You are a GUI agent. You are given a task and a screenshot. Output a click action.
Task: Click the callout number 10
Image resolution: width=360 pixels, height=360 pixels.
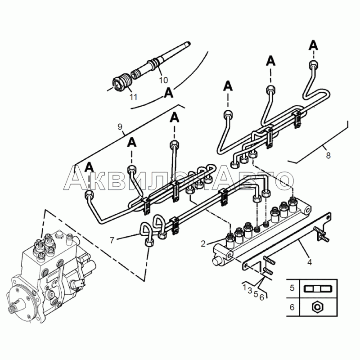tap(164, 80)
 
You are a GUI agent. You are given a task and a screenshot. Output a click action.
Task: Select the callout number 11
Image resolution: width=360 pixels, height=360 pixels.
tap(133, 97)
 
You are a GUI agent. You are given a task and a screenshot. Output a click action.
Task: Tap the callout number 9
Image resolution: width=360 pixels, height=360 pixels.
tap(120, 126)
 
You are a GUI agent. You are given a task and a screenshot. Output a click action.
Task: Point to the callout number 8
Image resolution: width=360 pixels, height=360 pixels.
tap(328, 155)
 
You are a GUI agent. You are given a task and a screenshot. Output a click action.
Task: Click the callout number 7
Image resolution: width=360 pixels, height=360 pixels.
tap(112, 240)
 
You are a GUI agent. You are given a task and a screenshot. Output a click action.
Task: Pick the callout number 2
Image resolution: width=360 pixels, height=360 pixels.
tap(203, 243)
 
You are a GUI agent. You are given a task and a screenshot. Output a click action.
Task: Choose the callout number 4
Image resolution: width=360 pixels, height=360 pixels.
tap(310, 262)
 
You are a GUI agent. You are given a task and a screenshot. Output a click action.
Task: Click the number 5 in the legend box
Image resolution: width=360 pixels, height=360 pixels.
tap(292, 288)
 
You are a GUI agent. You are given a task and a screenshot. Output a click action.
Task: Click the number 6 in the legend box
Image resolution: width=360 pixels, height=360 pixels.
tap(292, 307)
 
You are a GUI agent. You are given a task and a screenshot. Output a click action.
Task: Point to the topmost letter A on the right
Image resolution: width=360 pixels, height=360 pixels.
tap(313, 45)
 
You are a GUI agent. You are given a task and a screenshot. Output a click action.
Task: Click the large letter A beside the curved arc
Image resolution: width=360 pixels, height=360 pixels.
tap(169, 93)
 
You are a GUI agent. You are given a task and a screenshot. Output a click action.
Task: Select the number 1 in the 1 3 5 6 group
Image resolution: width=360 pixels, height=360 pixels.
tap(245, 287)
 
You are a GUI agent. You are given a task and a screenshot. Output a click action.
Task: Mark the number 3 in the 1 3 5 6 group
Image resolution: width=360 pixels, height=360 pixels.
tap(250, 290)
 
